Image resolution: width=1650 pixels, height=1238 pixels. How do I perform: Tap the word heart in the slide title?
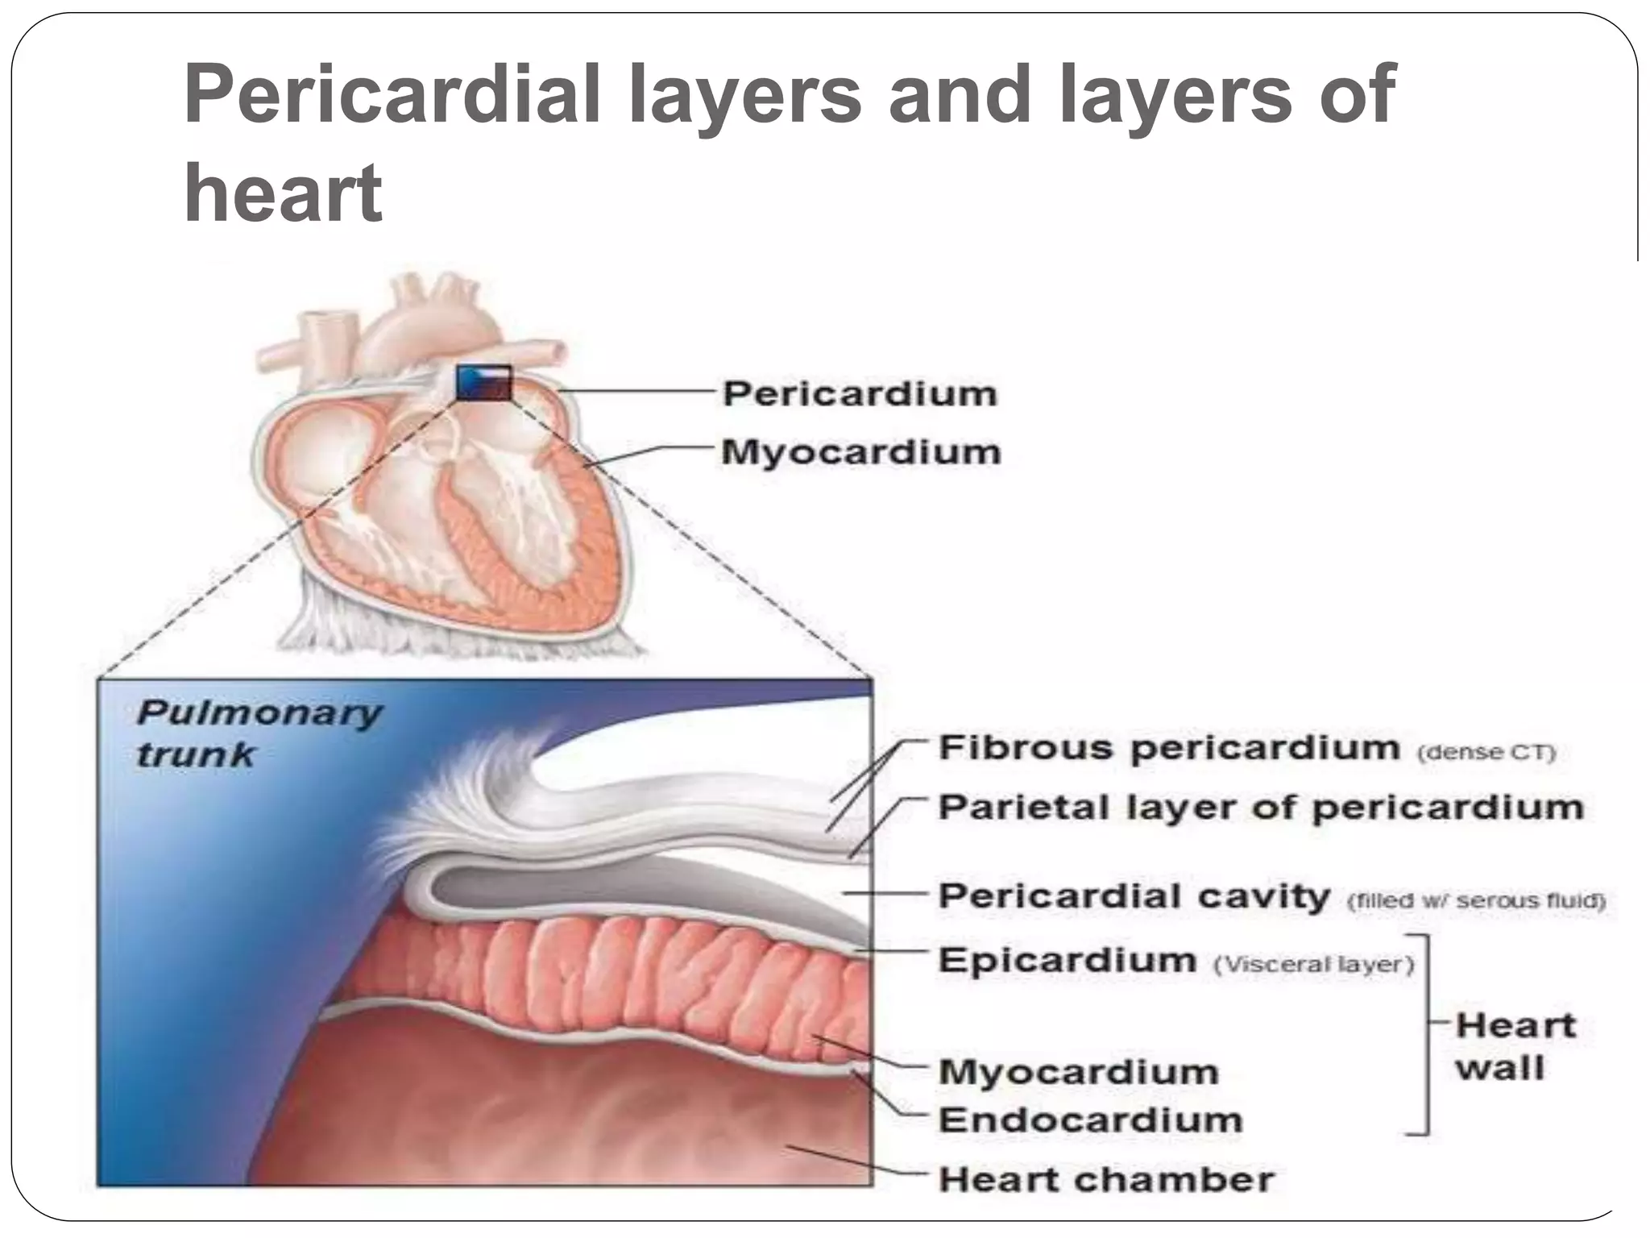point(283,193)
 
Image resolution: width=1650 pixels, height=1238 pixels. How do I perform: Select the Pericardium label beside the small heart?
point(860,394)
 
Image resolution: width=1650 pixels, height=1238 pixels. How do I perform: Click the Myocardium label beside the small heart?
point(860,452)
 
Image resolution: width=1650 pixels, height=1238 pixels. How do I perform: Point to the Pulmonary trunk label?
point(258,733)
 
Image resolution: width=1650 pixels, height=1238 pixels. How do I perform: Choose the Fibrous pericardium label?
point(1169,748)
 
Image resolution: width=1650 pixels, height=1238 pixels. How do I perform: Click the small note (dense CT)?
point(1486,753)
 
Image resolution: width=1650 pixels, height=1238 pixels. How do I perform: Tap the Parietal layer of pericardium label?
point(1261,808)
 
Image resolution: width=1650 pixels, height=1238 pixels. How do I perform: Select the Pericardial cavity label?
point(1134,896)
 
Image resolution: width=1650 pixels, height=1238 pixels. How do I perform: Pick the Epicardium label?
point(1068,961)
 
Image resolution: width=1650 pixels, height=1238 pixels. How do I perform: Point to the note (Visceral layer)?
point(1313,965)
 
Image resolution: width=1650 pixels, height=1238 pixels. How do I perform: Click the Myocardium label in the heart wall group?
point(1079,1072)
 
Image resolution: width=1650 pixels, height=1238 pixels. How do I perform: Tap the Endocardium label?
point(1091,1120)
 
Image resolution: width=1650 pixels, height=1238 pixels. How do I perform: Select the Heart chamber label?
point(1106,1180)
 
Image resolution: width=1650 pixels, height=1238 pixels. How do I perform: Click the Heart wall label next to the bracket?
point(1515,1047)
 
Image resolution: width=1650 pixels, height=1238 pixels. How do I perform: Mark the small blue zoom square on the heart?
point(483,383)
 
